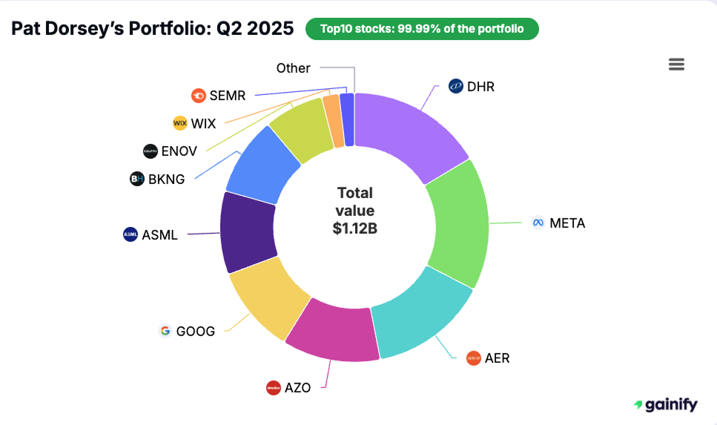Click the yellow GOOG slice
tap(267, 297)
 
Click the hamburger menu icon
tap(676, 65)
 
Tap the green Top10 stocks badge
tap(422, 29)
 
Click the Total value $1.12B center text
tap(354, 211)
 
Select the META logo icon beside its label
tap(538, 223)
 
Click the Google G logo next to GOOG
tap(165, 331)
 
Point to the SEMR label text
tap(227, 95)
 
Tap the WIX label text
tap(203, 123)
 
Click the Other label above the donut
tap(293, 68)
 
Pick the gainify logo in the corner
tap(665, 404)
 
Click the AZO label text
tap(297, 387)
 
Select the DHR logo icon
tap(456, 87)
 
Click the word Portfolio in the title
tap(156, 28)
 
